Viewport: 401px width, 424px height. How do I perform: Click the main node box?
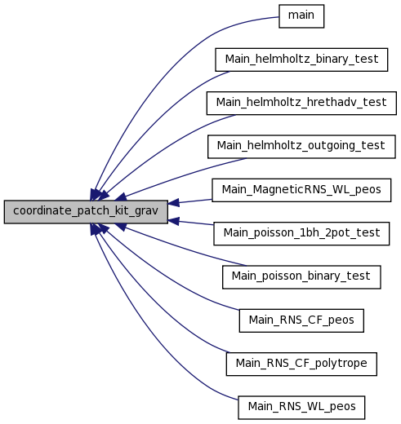[301, 16]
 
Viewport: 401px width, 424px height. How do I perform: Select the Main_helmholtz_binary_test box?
[301, 60]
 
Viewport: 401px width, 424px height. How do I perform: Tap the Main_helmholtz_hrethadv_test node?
[301, 104]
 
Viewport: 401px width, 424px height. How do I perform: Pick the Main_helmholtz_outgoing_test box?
[301, 147]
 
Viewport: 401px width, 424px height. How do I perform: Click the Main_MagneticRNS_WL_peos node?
[301, 190]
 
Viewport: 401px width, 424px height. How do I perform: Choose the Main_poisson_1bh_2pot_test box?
[301, 234]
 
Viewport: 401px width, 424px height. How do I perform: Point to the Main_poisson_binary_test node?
[301, 277]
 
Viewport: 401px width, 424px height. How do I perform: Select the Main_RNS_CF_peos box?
[301, 320]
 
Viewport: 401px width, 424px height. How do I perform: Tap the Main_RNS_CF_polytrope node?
[301, 364]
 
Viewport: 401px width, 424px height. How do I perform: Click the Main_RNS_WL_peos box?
[301, 408]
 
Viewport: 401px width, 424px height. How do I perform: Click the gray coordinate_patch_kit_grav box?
[86, 212]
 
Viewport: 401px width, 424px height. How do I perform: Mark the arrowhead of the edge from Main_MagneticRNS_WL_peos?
[173, 203]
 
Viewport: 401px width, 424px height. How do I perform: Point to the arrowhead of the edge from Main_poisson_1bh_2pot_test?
[173, 221]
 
